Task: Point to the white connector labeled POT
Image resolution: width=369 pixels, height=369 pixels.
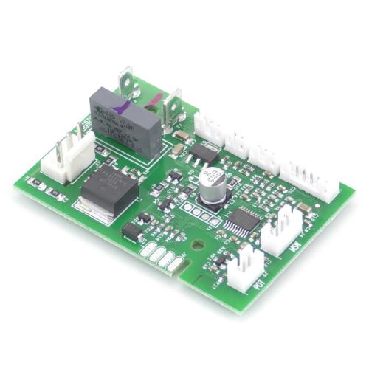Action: point(242,269)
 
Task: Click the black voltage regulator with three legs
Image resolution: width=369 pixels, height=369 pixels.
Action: point(205,154)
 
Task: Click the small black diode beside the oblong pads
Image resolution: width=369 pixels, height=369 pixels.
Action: point(132,231)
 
